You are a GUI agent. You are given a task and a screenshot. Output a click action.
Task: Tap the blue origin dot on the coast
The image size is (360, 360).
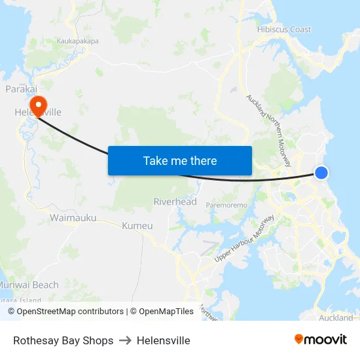pyautogui.click(x=321, y=172)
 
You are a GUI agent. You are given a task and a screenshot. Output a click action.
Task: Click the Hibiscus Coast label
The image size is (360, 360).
pyautogui.click(x=283, y=29)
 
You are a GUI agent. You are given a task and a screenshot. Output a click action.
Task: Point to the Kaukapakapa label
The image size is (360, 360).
pyautogui.click(x=78, y=41)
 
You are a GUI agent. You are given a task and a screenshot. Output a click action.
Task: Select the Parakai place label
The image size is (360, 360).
pyautogui.click(x=20, y=88)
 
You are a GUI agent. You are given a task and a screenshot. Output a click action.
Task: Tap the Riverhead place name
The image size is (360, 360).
pyautogui.click(x=175, y=202)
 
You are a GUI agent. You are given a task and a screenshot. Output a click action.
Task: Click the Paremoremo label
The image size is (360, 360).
pyautogui.click(x=226, y=206)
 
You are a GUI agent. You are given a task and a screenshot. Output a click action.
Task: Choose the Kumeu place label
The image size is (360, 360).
pyautogui.click(x=137, y=226)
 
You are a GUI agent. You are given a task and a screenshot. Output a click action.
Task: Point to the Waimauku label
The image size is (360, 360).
pyautogui.click(x=73, y=217)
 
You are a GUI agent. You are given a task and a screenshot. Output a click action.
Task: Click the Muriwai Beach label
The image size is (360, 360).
pyautogui.click(x=29, y=285)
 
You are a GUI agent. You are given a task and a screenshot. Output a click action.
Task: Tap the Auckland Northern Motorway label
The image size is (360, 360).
pyautogui.click(x=269, y=130)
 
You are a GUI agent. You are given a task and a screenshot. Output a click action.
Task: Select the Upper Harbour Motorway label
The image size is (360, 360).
pyautogui.click(x=245, y=239)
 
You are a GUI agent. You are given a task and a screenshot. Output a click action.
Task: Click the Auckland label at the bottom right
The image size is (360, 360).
pyautogui.click(x=336, y=318)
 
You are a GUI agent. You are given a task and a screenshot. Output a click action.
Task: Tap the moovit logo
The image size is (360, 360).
pyautogui.click(x=320, y=340)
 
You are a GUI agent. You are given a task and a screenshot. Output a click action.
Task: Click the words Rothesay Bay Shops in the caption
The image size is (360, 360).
pyautogui.click(x=63, y=340)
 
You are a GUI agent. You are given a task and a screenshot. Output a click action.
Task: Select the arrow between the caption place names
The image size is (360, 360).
pyautogui.click(x=125, y=340)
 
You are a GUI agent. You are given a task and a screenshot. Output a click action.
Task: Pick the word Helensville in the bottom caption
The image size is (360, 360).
pyautogui.click(x=164, y=340)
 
